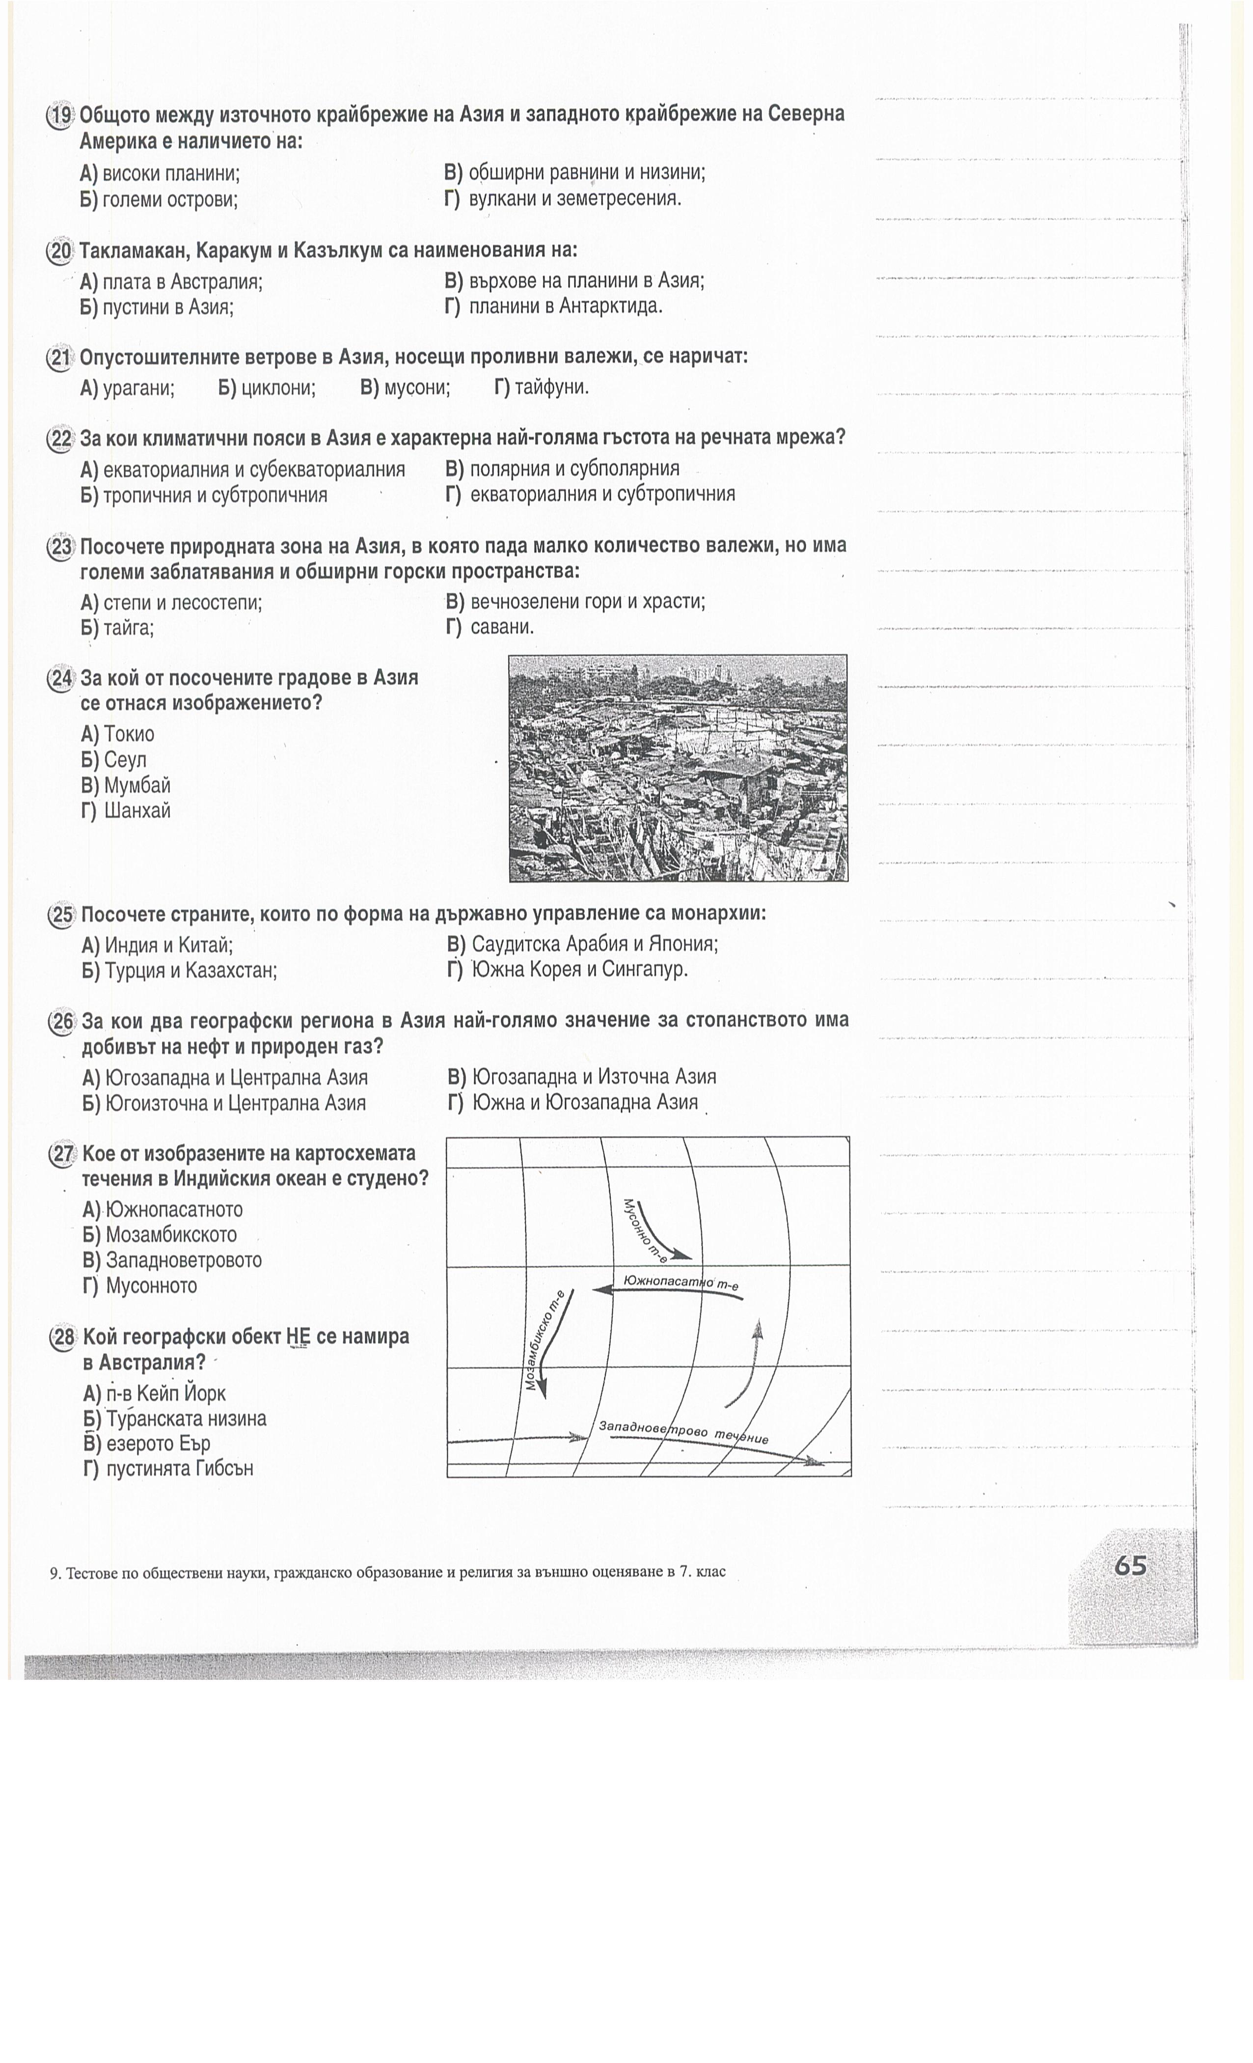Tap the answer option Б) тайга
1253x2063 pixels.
pyautogui.click(x=117, y=628)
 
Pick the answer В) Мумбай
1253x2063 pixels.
pyautogui.click(x=126, y=785)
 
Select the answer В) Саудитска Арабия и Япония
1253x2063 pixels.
pyautogui.click(x=583, y=945)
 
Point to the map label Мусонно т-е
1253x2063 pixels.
pyautogui.click(x=645, y=1229)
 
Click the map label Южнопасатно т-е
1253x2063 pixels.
pyautogui.click(x=681, y=1282)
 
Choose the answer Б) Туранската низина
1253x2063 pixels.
pyautogui.click(x=174, y=1419)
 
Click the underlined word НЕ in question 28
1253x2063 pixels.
pyautogui.click(x=297, y=1337)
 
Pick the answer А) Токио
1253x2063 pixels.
pyautogui.click(x=118, y=734)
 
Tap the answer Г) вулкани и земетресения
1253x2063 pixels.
pyautogui.click(x=563, y=199)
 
